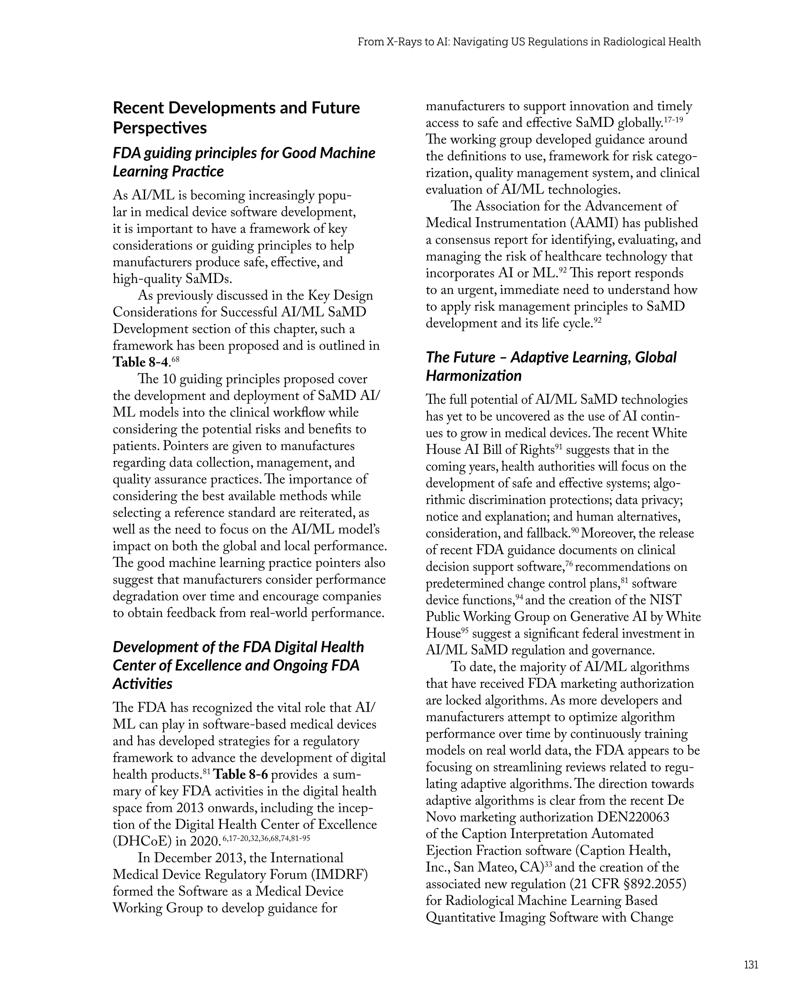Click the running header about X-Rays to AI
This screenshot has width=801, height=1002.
tap(529, 42)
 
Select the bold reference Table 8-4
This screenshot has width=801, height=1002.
tap(140, 362)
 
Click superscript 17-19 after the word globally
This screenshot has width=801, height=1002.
tap(673, 120)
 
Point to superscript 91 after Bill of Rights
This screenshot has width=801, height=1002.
tap(560, 446)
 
